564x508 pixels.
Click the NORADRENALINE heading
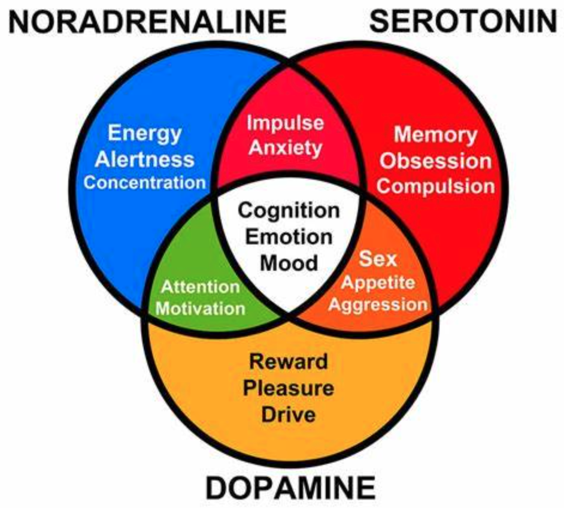point(147,22)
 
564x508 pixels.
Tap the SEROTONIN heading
point(463,21)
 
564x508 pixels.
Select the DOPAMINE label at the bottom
point(290,487)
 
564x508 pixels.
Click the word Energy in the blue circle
point(145,134)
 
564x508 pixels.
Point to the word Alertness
point(145,159)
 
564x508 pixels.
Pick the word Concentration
point(145,182)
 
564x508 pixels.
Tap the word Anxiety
point(285,148)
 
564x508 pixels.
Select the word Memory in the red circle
point(436,135)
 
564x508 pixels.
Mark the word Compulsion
point(436,186)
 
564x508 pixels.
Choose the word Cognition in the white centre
point(289,211)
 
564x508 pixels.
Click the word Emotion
point(289,237)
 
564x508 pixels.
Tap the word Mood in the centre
point(289,263)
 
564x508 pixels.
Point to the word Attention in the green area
point(201,287)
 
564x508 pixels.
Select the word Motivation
point(201,309)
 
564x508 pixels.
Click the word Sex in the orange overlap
point(378,259)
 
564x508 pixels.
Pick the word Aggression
point(378,304)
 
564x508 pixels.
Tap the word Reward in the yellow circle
point(289,362)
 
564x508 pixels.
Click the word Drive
point(289,415)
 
